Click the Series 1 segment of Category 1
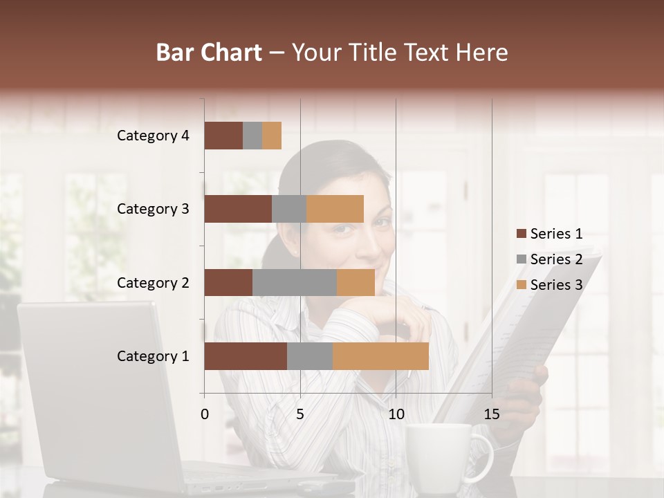point(246,356)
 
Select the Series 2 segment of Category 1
point(310,356)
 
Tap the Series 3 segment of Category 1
point(380,356)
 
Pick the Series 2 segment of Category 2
point(295,282)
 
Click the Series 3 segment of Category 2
point(356,282)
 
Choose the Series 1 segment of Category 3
point(238,209)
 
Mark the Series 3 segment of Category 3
point(335,209)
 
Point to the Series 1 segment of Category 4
point(223,136)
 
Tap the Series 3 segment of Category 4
point(272,136)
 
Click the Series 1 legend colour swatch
point(521,234)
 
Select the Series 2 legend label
point(556,259)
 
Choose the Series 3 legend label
point(556,285)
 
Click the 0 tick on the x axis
point(205,414)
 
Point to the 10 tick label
point(396,414)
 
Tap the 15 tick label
point(491,414)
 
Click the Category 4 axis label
point(153,136)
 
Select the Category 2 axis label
point(153,282)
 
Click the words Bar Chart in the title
point(209,53)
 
